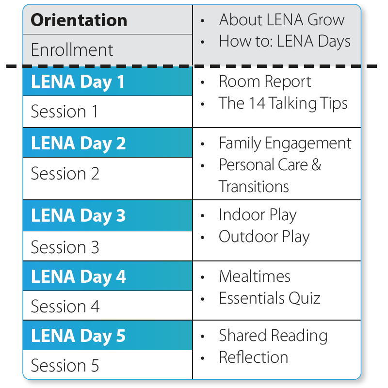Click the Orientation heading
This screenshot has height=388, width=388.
(x=79, y=20)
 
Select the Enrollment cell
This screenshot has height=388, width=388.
(x=72, y=50)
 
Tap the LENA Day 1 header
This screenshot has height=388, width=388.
(x=78, y=82)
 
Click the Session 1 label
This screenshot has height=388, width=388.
(x=65, y=112)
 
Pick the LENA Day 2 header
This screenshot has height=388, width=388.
(x=79, y=144)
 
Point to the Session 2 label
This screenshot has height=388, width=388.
(x=65, y=173)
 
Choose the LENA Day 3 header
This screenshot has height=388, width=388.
(x=79, y=216)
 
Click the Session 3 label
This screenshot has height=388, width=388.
(x=65, y=247)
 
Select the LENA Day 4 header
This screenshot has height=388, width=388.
(x=79, y=276)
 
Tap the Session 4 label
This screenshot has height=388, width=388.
(x=65, y=306)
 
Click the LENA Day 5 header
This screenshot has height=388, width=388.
(x=79, y=336)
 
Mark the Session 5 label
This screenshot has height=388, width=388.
(x=65, y=365)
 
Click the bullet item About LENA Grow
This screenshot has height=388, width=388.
(x=281, y=20)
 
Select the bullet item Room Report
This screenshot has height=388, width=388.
(x=265, y=81)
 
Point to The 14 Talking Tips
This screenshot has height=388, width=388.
(x=283, y=103)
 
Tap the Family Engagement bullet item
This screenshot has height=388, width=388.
(x=285, y=143)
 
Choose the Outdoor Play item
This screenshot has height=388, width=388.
(x=264, y=237)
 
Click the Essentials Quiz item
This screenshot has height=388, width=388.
(x=270, y=298)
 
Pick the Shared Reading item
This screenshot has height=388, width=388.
(x=273, y=335)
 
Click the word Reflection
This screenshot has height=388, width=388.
(x=253, y=357)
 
